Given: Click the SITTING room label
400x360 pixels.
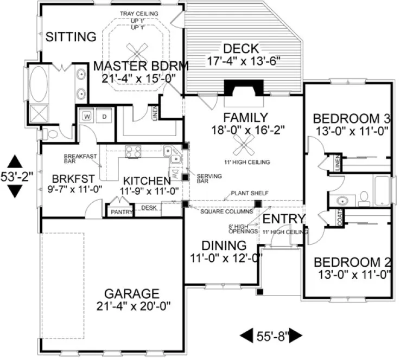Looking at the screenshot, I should (71, 37).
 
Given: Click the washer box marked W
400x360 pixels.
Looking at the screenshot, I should (86, 115).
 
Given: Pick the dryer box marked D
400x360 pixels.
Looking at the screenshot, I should (105, 115).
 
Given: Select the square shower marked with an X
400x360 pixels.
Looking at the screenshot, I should (39, 112).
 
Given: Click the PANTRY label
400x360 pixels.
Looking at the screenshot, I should (122, 212).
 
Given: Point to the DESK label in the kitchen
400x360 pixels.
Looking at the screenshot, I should (148, 208).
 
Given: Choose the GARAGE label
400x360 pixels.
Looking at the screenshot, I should (132, 293).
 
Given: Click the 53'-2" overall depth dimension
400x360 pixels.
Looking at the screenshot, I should (16, 176).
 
